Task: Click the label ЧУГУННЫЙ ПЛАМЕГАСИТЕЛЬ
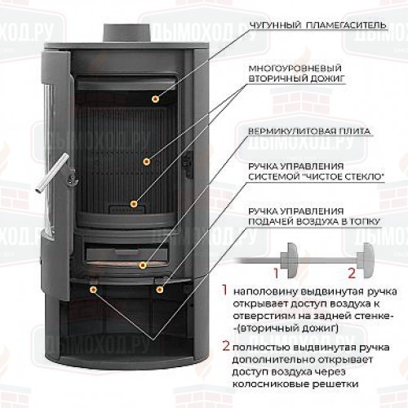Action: tap(317, 25)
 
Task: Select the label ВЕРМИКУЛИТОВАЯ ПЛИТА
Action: tap(309, 131)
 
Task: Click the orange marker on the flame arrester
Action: tap(155, 99)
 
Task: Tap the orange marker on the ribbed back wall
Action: tap(147, 162)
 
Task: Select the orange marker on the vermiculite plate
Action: tap(133, 204)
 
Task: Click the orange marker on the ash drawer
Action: tap(142, 265)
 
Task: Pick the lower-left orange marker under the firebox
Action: tap(93, 290)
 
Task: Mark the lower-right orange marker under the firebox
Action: tap(160, 290)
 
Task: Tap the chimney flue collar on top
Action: tap(126, 33)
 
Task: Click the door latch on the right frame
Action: tap(188, 165)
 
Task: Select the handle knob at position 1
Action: tap(290, 260)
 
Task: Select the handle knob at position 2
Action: tap(366, 260)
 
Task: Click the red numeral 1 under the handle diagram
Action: tap(277, 273)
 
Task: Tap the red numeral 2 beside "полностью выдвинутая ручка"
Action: tap(226, 346)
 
